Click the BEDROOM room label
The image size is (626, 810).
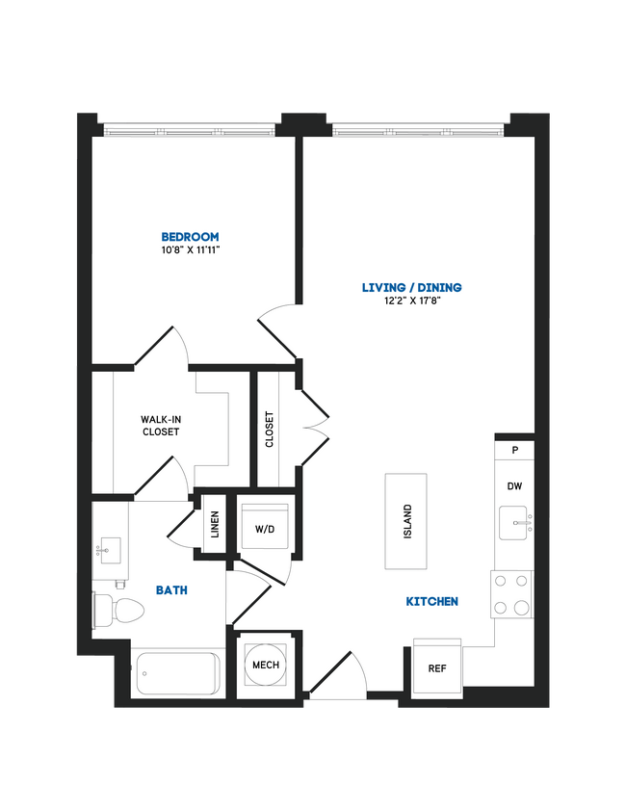point(190,236)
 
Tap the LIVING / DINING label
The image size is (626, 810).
point(411,287)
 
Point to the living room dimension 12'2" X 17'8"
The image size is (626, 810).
point(411,300)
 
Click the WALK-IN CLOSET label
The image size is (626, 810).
point(160,426)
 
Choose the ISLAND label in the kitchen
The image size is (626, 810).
point(407,521)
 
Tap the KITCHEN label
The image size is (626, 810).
point(431,601)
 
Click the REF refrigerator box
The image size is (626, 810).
point(436,666)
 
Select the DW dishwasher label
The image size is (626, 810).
point(515,486)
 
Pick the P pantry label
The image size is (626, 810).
point(515,450)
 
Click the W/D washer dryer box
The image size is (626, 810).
point(265,529)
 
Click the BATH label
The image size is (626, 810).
point(173,589)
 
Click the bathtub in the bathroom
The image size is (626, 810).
point(176,673)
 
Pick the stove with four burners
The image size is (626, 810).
point(512,594)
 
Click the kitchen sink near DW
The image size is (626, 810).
point(515,526)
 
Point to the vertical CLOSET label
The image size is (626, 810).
point(270,430)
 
